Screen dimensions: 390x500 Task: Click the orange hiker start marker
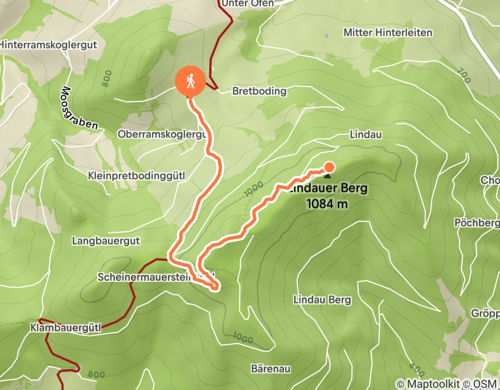190,81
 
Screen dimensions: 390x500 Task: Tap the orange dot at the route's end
329,167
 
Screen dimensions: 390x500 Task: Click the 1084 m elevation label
327,204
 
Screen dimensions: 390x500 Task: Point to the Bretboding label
259,91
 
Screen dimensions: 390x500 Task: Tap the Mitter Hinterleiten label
388,33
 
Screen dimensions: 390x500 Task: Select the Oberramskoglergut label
162,134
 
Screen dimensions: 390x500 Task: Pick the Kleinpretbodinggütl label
136,175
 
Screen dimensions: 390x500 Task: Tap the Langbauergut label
106,241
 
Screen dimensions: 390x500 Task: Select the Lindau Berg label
322,300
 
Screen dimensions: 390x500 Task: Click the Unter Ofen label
247,3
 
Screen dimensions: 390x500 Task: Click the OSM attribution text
486,384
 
